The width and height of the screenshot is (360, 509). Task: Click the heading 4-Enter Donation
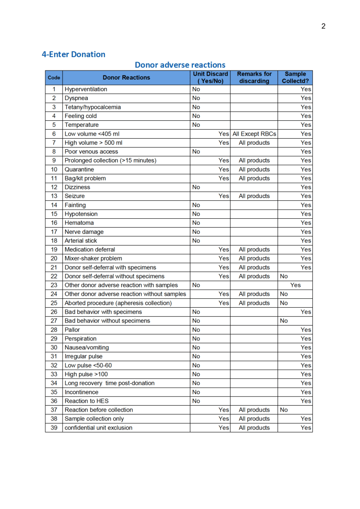[74, 54]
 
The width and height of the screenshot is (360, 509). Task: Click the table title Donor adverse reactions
[180, 65]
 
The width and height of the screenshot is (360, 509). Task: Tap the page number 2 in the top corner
[323, 26]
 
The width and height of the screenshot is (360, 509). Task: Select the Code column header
[54, 78]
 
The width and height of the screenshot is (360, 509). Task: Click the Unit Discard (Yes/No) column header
[210, 77]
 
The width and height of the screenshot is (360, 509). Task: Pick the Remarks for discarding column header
[254, 77]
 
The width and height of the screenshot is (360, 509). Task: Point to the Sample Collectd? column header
[295, 77]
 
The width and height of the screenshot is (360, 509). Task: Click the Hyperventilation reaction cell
[86, 89]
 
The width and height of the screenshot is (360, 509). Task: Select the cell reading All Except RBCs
[254, 134]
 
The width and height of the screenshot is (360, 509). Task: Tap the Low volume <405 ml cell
[92, 134]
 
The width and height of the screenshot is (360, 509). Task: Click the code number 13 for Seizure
[54, 196]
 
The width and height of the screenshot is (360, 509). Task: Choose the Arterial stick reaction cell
[81, 241]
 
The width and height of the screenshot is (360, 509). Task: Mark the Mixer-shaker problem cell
[93, 258]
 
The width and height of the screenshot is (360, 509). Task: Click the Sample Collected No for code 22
[284, 276]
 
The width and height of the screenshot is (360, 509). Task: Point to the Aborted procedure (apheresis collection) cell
[118, 303]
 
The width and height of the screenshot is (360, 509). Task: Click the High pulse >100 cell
[86, 374]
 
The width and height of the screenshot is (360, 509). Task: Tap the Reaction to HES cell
[87, 401]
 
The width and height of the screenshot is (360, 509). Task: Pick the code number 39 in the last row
[54, 427]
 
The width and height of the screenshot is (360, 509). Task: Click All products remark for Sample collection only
[254, 419]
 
